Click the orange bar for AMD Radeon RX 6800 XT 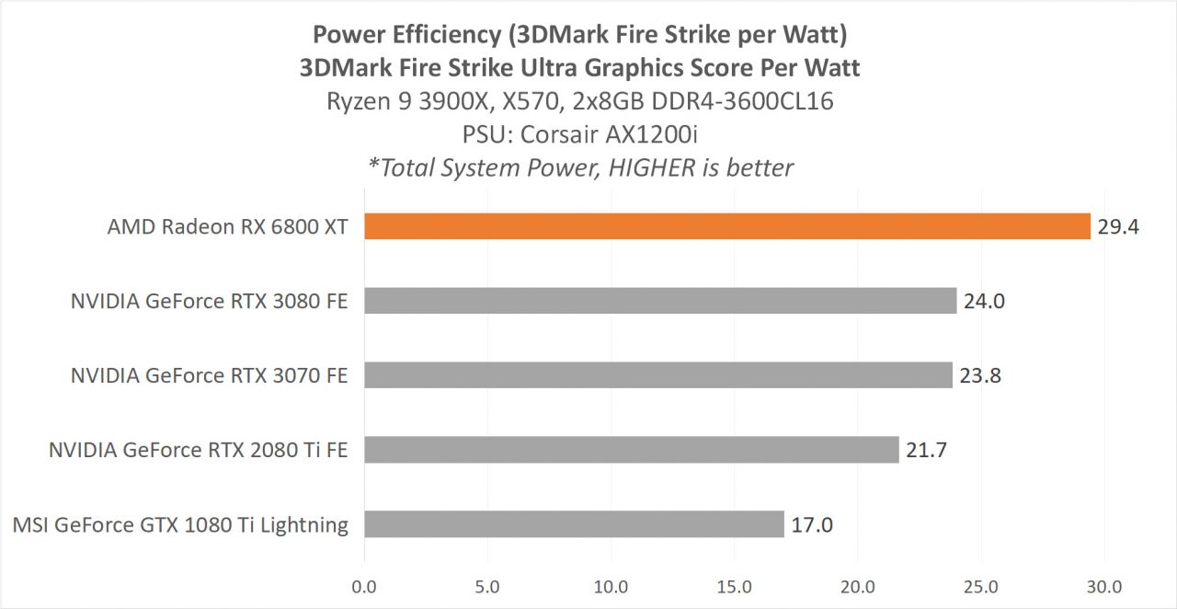726,226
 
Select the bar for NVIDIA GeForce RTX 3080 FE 660,301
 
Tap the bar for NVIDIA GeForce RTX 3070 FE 657,375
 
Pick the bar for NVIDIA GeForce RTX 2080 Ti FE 631,450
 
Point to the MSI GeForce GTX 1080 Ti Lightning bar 574,524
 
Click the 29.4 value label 1117,226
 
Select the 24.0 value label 984,301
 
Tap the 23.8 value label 979,375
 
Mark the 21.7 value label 926,450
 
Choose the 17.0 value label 811,525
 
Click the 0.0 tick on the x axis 364,586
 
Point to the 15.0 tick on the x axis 734,586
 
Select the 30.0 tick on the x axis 1103,586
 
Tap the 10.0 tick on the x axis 611,586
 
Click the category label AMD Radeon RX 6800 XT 227,226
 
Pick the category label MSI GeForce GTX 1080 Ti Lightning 181,525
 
